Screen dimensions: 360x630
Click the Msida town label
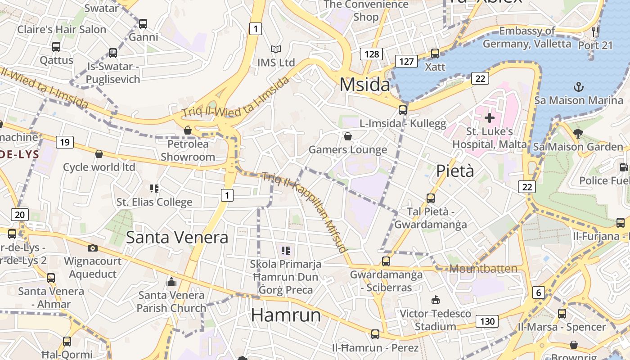coord(364,85)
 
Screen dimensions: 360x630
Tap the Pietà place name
coord(455,171)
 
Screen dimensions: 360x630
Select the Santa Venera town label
coord(177,237)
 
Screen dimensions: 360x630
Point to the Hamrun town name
coord(286,315)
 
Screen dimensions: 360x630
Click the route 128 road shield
coord(371,54)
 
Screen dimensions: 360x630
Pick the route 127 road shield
coord(406,61)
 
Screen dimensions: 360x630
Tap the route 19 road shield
coord(65,143)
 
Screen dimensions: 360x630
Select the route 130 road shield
coord(487,321)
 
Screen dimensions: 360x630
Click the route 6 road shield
coord(538,292)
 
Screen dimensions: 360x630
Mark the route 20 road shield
coord(20,215)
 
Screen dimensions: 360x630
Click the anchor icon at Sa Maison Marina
coord(578,86)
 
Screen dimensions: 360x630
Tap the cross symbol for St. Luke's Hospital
coord(490,118)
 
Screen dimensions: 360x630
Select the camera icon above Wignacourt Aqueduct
coord(92,248)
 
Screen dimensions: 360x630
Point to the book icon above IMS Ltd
coord(275,49)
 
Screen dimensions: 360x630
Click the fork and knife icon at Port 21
coord(596,31)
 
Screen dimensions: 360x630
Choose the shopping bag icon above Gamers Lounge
coord(347,136)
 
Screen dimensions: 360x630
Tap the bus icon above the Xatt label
coord(435,53)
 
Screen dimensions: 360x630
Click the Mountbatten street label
coord(483,269)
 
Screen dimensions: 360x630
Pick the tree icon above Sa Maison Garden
coord(578,133)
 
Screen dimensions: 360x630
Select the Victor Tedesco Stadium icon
coord(436,300)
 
